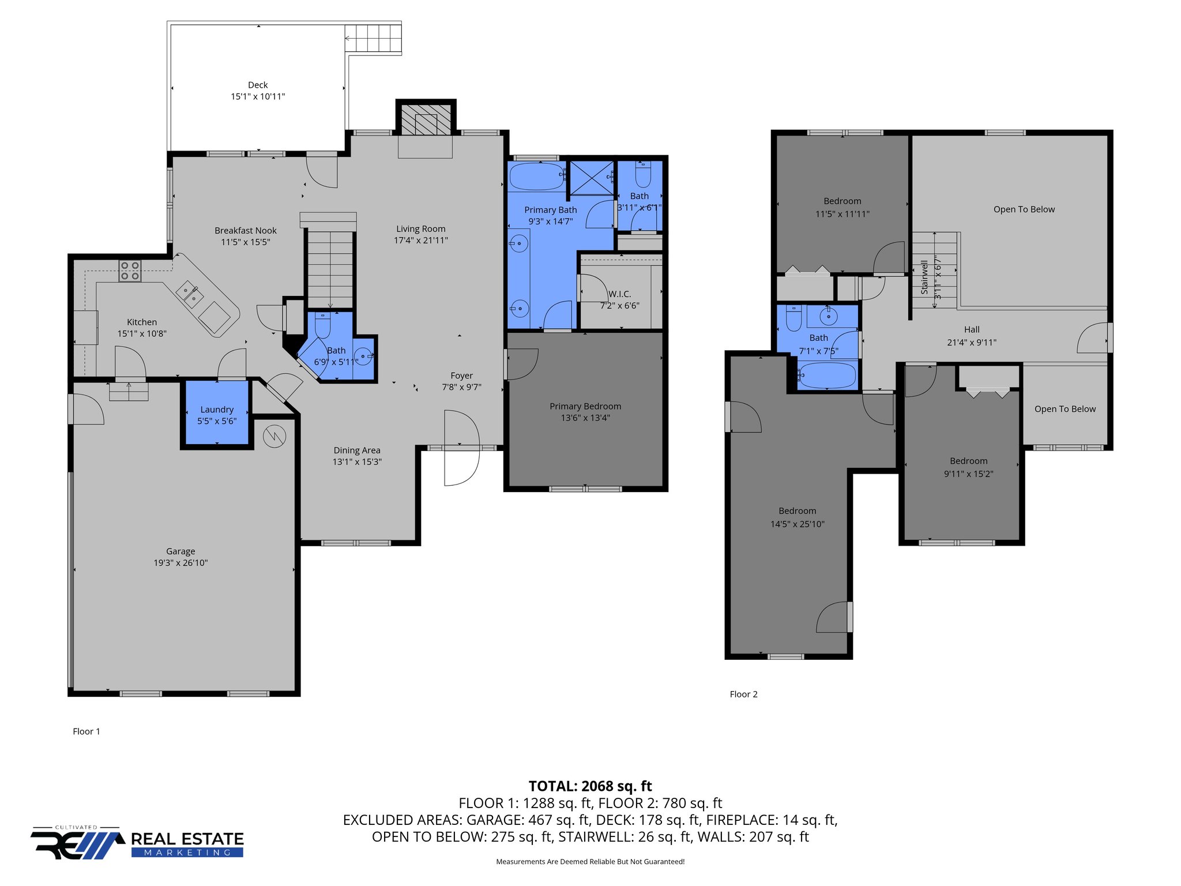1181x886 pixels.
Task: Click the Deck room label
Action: pos(258,85)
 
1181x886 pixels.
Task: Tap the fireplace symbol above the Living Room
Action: pos(426,121)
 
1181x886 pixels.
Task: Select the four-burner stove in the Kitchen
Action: pos(130,271)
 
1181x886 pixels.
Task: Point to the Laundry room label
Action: pos(217,410)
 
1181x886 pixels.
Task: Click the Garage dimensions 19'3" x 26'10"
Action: pos(180,563)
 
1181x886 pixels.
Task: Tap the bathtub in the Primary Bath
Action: pos(537,177)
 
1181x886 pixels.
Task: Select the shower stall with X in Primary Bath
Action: pos(592,178)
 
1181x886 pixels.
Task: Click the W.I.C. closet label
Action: pos(620,294)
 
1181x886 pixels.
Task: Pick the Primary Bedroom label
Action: pos(585,407)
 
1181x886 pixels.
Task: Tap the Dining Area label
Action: pos(357,450)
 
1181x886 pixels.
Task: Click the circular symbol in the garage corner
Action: pos(274,436)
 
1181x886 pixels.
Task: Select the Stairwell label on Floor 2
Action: pos(924,277)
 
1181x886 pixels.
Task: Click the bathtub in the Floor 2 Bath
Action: pos(826,375)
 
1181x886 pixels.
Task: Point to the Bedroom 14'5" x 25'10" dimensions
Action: pos(798,524)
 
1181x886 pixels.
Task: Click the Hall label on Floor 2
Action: pos(972,330)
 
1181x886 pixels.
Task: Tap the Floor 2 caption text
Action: pos(743,694)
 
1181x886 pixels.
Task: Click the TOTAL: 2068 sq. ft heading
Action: pos(590,786)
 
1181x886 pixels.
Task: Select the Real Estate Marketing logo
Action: pos(137,843)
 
